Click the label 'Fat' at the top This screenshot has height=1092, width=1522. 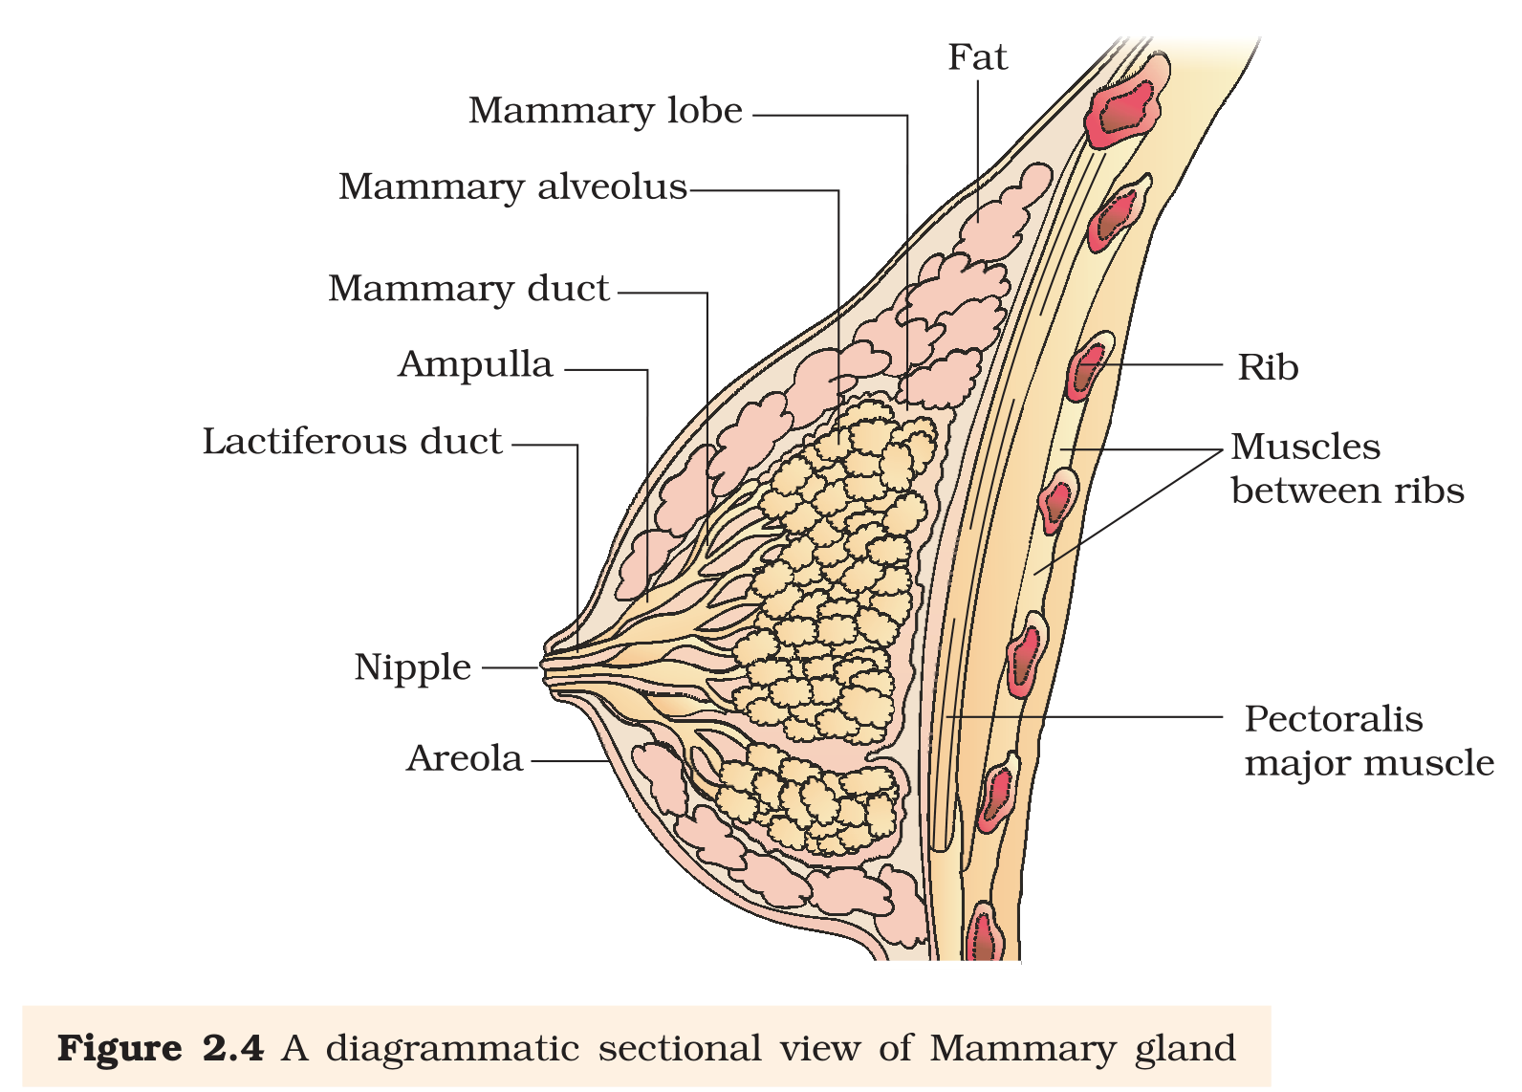[977, 57]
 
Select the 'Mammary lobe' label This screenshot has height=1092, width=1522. [605, 111]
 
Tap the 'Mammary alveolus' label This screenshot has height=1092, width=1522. [513, 186]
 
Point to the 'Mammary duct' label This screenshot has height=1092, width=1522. [468, 289]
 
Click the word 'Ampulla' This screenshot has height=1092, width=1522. [475, 365]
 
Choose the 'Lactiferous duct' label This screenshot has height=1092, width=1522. [353, 442]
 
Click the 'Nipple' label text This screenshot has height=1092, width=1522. [412, 668]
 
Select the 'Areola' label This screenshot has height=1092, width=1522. [465, 759]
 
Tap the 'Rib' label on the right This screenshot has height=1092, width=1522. [1268, 367]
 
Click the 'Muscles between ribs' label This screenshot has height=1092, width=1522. [1347, 469]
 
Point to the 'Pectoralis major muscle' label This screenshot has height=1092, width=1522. [1369, 742]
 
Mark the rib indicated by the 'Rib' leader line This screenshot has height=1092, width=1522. [1089, 366]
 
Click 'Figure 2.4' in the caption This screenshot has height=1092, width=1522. [161, 1048]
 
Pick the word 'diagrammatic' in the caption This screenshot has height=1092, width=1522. [452, 1049]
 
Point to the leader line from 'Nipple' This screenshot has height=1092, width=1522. [511, 668]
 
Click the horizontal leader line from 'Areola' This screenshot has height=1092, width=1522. [570, 761]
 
